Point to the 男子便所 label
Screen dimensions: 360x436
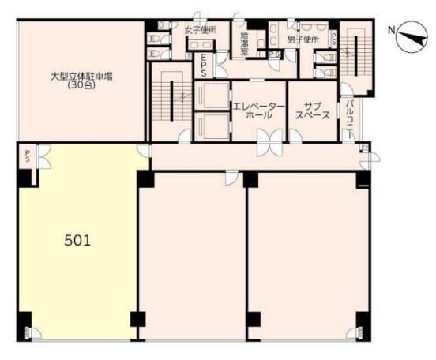pos(303,39)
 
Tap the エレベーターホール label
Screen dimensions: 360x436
pos(254,111)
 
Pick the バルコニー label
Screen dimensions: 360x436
pos(349,119)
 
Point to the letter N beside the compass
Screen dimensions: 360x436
pos(390,30)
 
